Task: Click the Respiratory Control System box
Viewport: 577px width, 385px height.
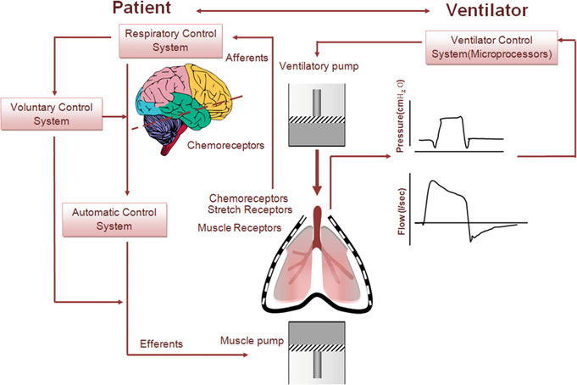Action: [x=170, y=41]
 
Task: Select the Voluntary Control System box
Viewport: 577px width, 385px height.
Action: [x=52, y=114]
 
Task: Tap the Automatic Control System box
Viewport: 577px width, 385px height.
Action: [x=114, y=220]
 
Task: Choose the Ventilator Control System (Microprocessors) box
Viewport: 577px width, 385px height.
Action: [x=491, y=47]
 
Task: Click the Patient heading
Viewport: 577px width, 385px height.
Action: [x=141, y=8]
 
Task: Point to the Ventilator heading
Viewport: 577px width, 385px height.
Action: [x=487, y=10]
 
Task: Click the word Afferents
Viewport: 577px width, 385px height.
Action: [x=247, y=58]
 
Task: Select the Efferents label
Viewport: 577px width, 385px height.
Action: [x=161, y=343]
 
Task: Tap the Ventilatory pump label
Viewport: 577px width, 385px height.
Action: [x=319, y=66]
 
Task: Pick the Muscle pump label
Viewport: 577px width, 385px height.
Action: [x=252, y=341]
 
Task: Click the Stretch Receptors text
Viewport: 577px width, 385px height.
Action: [x=250, y=209]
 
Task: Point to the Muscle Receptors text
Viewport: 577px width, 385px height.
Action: [x=240, y=227]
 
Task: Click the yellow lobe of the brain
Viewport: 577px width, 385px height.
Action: [x=208, y=88]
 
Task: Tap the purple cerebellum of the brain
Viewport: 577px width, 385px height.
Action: [x=161, y=130]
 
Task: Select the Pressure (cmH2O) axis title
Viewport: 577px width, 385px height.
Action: [x=400, y=116]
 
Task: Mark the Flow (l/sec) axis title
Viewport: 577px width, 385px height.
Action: [x=402, y=211]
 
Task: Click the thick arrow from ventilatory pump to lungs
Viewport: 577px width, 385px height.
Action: [x=317, y=172]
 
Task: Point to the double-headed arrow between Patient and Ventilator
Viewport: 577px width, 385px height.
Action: [x=313, y=11]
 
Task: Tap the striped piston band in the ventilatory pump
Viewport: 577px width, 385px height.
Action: [x=317, y=120]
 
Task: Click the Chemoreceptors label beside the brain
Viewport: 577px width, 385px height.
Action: [x=225, y=145]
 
